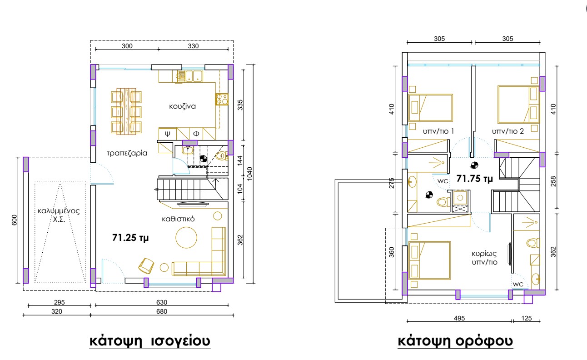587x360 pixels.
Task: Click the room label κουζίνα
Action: coord(182,106)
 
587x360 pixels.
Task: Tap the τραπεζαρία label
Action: coord(127,153)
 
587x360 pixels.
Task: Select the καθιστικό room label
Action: coord(178,219)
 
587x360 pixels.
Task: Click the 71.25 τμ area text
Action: coord(130,238)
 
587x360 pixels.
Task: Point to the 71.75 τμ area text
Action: coord(475,179)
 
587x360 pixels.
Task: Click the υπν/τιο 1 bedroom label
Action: coord(438,131)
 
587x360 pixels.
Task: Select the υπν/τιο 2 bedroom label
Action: coord(508,131)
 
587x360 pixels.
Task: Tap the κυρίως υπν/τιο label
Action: coord(484,258)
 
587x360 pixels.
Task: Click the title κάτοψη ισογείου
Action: coord(150,340)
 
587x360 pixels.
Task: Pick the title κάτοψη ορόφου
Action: coord(455,341)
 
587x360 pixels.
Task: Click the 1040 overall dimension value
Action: coord(250,174)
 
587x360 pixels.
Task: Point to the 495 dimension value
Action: coord(459,318)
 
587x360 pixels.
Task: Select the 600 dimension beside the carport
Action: coord(15,220)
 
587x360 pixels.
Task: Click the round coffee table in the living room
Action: coord(186,238)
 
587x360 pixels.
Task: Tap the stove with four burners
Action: coord(222,99)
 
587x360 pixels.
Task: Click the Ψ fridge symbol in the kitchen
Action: coord(168,134)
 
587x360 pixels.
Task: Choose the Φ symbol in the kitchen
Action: coord(196,134)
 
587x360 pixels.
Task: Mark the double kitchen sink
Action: coord(194,76)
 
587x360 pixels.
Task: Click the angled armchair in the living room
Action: coord(146,265)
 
